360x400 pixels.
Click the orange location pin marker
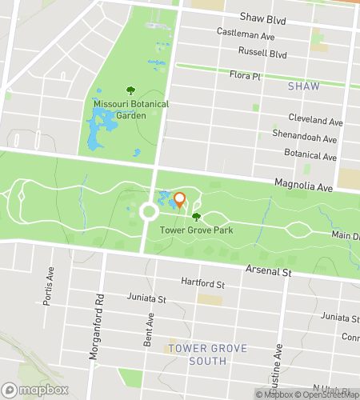click(x=179, y=200)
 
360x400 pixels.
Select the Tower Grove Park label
click(x=195, y=230)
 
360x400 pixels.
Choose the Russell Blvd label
click(x=262, y=54)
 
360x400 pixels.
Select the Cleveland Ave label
click(x=318, y=122)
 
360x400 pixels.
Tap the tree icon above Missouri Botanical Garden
click(x=130, y=91)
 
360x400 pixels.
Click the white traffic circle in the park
click(x=148, y=212)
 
